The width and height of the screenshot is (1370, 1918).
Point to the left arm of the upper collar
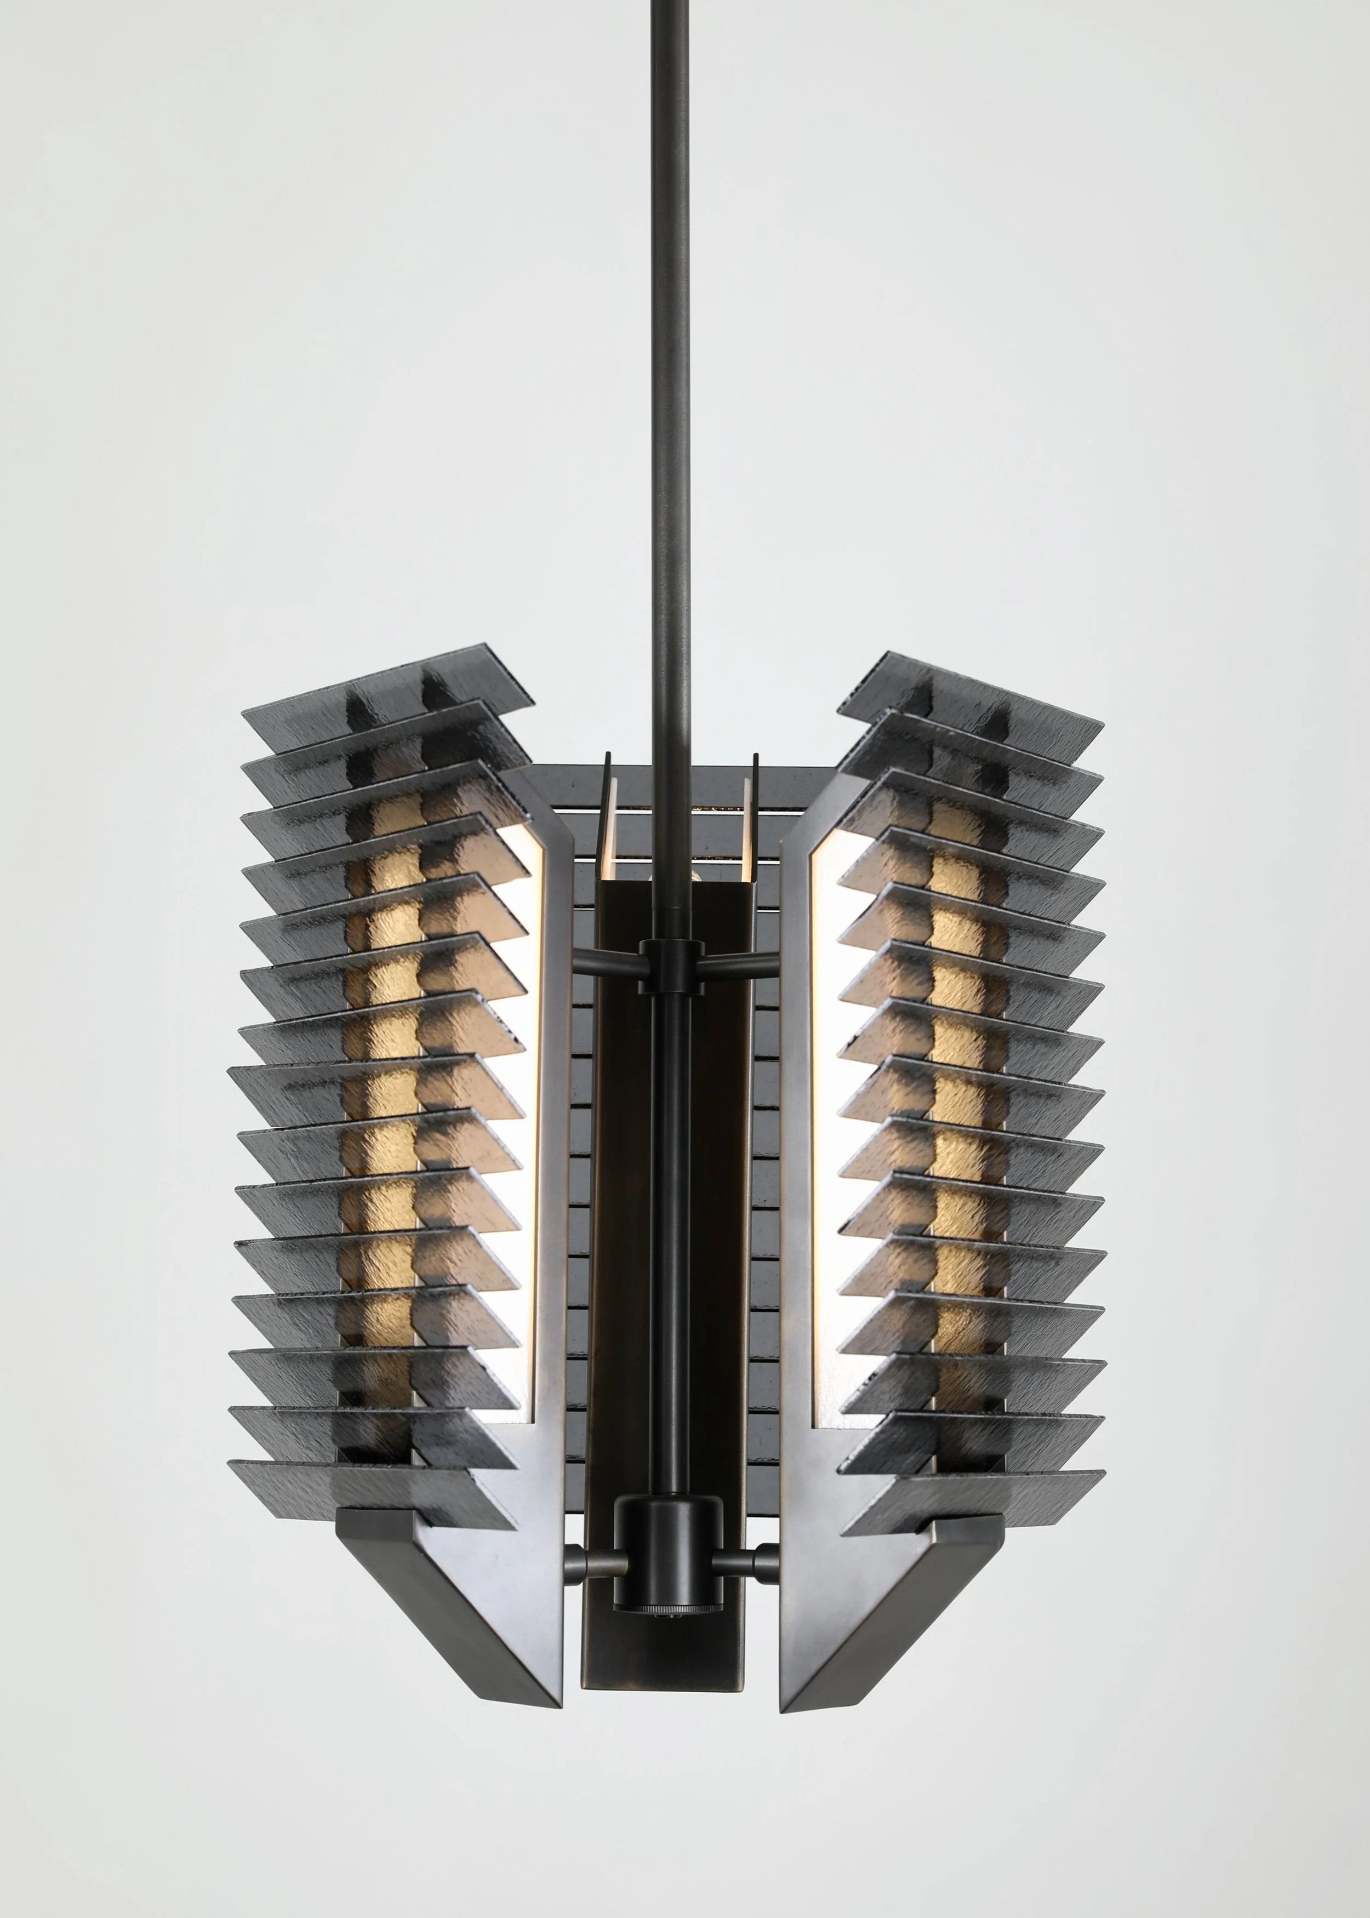tap(606, 961)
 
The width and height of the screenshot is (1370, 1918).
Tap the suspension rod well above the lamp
tap(671, 338)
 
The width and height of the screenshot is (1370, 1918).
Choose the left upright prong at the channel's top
tap(606, 801)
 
